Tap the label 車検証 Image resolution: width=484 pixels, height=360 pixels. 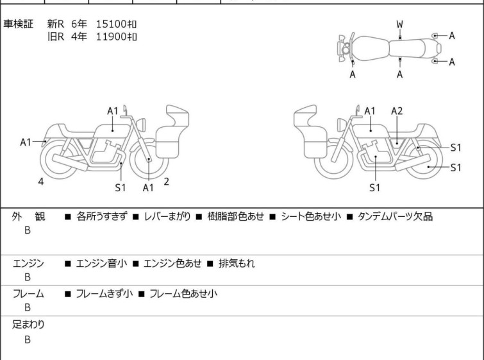pos(18,24)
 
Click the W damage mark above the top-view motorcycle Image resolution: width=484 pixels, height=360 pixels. pos(400,24)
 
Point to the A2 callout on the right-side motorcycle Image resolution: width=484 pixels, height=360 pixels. pos(397,111)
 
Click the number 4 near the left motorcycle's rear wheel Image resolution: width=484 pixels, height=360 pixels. pos(41,182)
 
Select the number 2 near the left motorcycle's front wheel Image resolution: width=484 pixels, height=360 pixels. pos(167,182)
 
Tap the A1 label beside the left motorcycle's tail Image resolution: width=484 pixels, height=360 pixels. pos(26,142)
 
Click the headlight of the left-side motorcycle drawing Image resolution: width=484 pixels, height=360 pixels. pos(141,125)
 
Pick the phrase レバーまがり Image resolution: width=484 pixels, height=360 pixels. pos(167,216)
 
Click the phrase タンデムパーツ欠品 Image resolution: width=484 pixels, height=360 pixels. pos(395,216)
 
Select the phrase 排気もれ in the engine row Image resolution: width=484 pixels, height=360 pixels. pos(237,263)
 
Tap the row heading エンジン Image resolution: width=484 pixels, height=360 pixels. pos(28,263)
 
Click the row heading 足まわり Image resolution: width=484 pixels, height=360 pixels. pos(28,325)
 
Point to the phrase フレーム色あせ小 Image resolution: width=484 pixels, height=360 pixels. pos(183,293)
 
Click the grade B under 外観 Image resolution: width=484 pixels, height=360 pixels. pos(28,230)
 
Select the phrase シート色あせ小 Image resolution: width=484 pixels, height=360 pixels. pos(311,216)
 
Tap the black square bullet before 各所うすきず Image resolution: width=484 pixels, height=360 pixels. pos(67,217)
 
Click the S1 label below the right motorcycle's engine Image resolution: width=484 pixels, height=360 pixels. pos(374,187)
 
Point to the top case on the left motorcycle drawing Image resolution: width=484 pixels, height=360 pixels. pos(178,116)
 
